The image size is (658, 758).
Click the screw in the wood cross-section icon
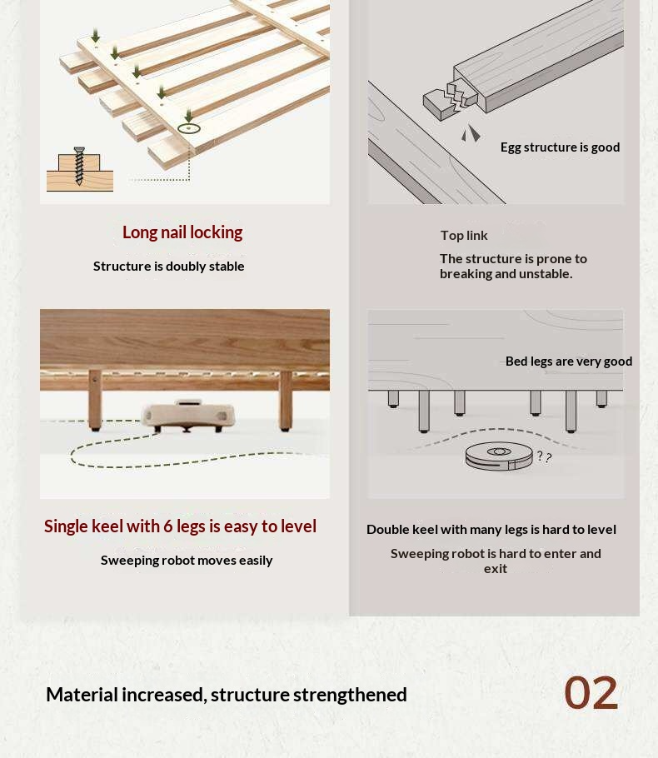coord(79,166)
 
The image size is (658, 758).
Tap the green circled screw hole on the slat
coord(188,128)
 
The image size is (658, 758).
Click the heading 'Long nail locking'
coord(182,232)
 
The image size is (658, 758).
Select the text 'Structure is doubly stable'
coord(169,267)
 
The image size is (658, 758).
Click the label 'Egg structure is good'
coord(560,147)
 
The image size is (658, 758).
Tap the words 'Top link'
coord(464,236)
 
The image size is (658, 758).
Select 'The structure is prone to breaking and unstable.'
coord(513,267)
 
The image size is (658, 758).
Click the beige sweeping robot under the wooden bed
coord(188,416)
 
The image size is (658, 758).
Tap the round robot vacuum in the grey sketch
coord(499,456)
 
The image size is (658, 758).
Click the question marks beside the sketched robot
coord(544,456)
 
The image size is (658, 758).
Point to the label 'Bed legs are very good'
coord(569,362)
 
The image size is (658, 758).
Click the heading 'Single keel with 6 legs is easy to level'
coord(181,526)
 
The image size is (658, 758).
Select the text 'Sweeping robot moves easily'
coord(187,561)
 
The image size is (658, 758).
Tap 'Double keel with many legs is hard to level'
coord(491,530)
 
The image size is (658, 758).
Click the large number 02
coord(591,693)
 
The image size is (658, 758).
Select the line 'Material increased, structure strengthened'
coord(227,696)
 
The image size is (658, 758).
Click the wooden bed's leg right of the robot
coord(286,401)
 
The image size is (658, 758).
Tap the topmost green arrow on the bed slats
coord(96,35)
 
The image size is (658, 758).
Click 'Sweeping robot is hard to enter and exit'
coord(496,561)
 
